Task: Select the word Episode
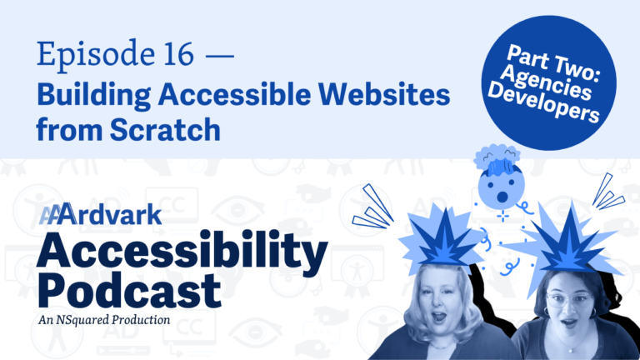pyautogui.click(x=96, y=55)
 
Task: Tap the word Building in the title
pyautogui.click(x=94, y=96)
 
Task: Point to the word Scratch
pyautogui.click(x=165, y=129)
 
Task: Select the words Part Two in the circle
pyautogui.click(x=553, y=61)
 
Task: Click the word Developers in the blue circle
pyautogui.click(x=542, y=102)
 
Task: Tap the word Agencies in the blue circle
pyautogui.click(x=546, y=82)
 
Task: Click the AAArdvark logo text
pyautogui.click(x=100, y=213)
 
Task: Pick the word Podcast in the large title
pyautogui.click(x=130, y=290)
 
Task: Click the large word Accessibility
pyautogui.click(x=182, y=251)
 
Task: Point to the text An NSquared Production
pyautogui.click(x=104, y=320)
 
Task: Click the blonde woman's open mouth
pyautogui.click(x=439, y=317)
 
